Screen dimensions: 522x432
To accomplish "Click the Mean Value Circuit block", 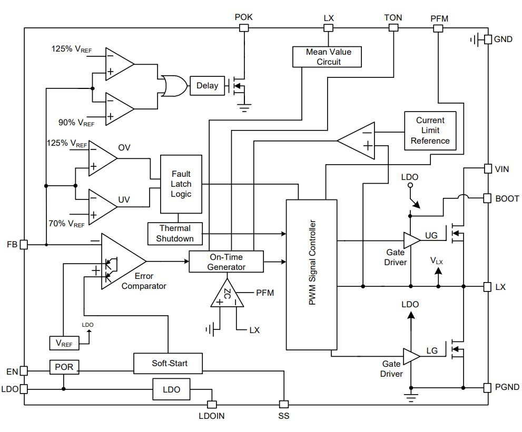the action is pyautogui.click(x=327, y=57).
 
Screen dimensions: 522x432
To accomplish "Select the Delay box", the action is pyautogui.click(x=207, y=86).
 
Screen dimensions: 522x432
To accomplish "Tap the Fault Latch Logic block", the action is pyautogui.click(x=181, y=184).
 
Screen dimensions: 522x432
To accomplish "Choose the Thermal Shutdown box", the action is pyautogui.click(x=175, y=234).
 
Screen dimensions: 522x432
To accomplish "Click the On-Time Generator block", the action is pyautogui.click(x=226, y=262).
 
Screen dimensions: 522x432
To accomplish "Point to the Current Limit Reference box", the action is pyautogui.click(x=430, y=130).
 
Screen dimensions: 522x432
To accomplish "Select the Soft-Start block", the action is pyautogui.click(x=168, y=364).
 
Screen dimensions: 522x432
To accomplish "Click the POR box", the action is pyautogui.click(x=64, y=367).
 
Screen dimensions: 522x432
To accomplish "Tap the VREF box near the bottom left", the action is pyautogui.click(x=64, y=343).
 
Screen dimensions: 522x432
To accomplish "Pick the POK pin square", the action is pyautogui.click(x=244, y=28).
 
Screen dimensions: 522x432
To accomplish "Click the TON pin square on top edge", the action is pyautogui.click(x=393, y=27).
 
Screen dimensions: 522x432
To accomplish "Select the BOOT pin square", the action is pyautogui.click(x=487, y=198).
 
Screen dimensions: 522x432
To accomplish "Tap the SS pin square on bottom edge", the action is pyautogui.click(x=283, y=405).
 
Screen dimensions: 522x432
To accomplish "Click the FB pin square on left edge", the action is pyautogui.click(x=24, y=245).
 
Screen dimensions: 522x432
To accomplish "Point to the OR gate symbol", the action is pyautogui.click(x=173, y=86).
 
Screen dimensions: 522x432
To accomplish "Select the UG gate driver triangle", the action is pyautogui.click(x=411, y=240).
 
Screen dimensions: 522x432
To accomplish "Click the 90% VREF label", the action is pyautogui.click(x=76, y=123).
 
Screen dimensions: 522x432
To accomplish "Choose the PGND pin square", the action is pyautogui.click(x=487, y=387).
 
